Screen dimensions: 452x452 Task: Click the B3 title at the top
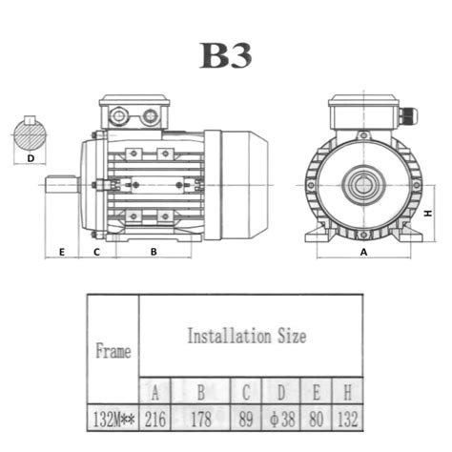coord(226,55)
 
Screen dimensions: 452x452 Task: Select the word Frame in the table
coord(113,350)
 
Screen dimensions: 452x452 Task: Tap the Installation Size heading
coord(247,336)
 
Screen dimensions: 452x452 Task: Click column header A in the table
coord(156,391)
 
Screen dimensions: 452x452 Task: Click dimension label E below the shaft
coord(61,252)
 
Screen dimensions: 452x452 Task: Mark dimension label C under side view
coord(96,252)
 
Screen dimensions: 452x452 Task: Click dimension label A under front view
coord(363,252)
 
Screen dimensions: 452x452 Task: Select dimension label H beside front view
coord(429,214)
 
